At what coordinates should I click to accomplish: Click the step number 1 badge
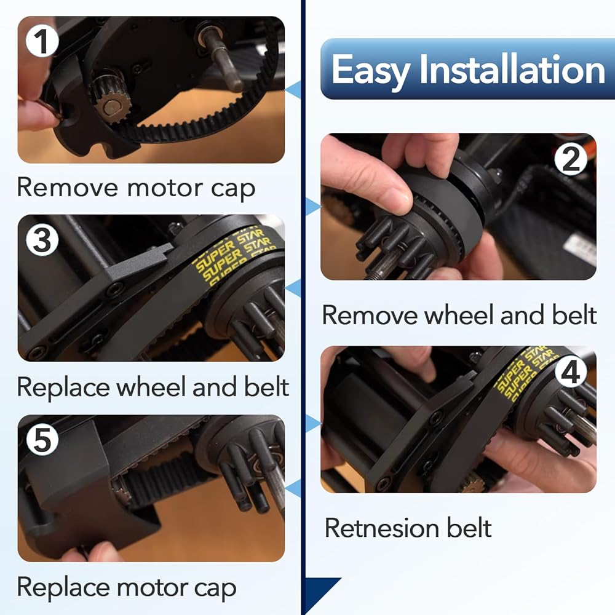[42, 41]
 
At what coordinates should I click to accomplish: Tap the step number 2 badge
[571, 159]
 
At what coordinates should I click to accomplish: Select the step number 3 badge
[42, 240]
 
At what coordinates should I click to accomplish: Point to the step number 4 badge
[571, 371]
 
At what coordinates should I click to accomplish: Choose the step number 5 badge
[42, 439]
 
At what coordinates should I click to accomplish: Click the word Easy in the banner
[370, 71]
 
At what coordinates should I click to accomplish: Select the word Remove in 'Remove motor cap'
[67, 187]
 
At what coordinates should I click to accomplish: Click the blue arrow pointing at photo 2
[312, 206]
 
